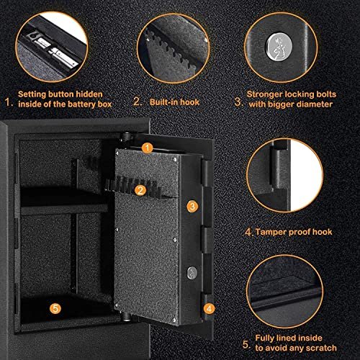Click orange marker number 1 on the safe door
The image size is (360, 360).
click(x=147, y=148)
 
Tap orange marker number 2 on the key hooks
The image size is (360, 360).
click(x=140, y=190)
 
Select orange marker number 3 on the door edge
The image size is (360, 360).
click(x=192, y=206)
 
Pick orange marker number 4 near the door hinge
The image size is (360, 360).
click(x=209, y=308)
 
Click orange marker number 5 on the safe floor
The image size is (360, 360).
click(x=55, y=308)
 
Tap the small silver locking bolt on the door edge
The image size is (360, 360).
click(x=192, y=273)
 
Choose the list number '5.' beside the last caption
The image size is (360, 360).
click(x=246, y=344)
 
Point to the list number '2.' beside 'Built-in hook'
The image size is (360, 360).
click(x=138, y=102)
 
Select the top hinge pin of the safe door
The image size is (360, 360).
click(x=125, y=137)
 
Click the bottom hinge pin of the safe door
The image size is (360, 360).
click(x=125, y=316)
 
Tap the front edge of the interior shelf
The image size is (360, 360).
click(x=64, y=210)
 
